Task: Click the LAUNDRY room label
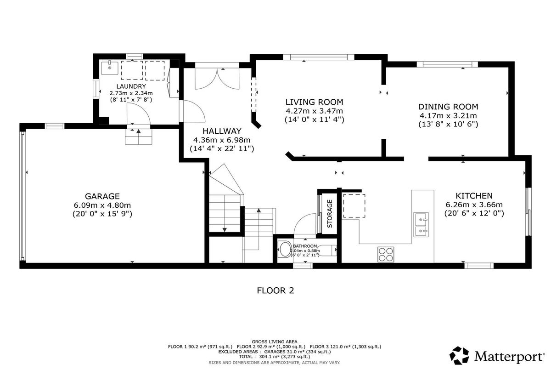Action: (x=131, y=86)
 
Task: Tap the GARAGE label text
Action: (x=102, y=196)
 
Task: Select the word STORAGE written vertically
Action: (x=330, y=213)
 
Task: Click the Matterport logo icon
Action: (x=459, y=355)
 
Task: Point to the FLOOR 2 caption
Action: (x=275, y=290)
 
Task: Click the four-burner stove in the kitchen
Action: (x=386, y=254)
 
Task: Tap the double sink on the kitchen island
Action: (x=421, y=224)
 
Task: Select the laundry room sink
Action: (x=110, y=68)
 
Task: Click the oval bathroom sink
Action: (x=285, y=250)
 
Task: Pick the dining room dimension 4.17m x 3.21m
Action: (x=448, y=115)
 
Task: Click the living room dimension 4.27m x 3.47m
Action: (x=314, y=111)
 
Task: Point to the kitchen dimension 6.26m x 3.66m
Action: (x=474, y=205)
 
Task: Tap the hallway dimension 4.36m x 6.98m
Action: (x=222, y=140)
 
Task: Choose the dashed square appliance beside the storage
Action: (x=354, y=206)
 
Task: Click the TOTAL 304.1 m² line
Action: (x=275, y=357)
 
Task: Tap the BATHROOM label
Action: (x=305, y=246)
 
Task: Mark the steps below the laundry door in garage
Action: (x=139, y=137)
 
